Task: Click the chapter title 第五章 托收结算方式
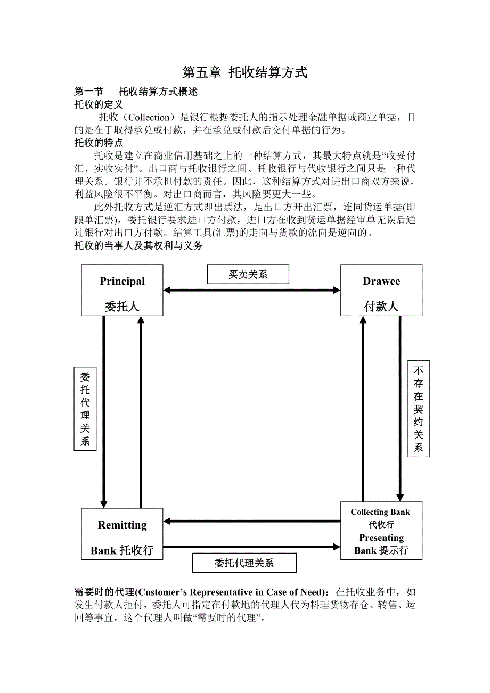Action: pyautogui.click(x=244, y=73)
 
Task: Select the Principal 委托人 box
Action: pyautogui.click(x=122, y=290)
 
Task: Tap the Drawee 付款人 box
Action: pyautogui.click(x=381, y=290)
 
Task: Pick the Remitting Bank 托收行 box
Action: pyautogui.click(x=122, y=533)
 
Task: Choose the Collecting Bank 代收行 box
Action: pyautogui.click(x=381, y=530)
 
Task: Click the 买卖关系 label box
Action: pyautogui.click(x=248, y=274)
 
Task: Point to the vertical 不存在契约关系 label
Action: pyautogui.click(x=418, y=409)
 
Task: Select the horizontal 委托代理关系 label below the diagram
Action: pyautogui.click(x=244, y=563)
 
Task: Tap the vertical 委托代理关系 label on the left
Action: pyautogui.click(x=85, y=409)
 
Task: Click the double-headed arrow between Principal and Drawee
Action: pyautogui.click(x=251, y=290)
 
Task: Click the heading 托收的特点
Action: pyautogui.click(x=99, y=143)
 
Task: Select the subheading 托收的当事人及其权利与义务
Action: pyautogui.click(x=138, y=246)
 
